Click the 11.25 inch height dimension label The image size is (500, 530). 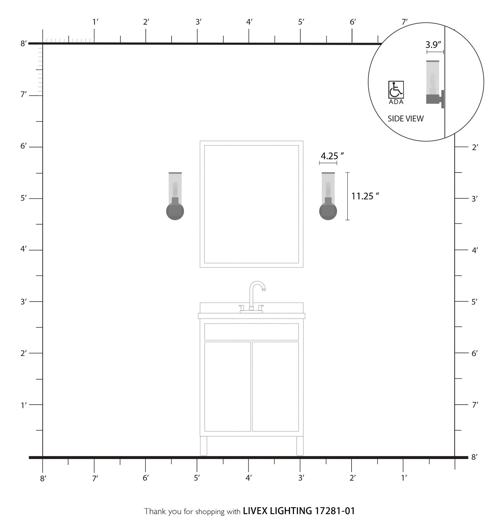coord(365,196)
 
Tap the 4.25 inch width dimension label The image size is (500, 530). coord(332,156)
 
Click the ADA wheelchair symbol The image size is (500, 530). coord(396,90)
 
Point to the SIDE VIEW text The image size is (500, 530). coord(406,119)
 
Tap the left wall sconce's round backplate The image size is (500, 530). coord(175,211)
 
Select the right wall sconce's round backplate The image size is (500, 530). coord(328,211)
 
